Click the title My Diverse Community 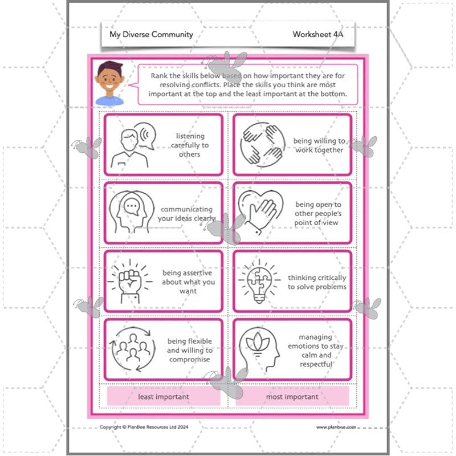[151, 34]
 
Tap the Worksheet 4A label [318, 34]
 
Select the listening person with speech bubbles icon [135, 145]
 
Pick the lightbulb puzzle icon [259, 279]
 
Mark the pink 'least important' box [164, 396]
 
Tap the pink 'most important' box [292, 396]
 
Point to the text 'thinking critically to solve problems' [317, 282]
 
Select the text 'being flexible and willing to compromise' [189, 350]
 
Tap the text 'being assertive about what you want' [188, 282]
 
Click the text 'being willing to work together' [319, 145]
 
